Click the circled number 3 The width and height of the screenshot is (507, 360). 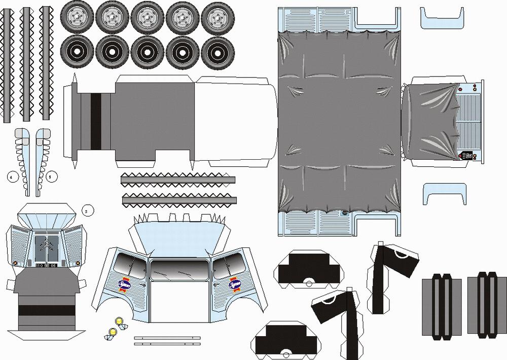87,210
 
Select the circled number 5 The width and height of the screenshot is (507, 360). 52,177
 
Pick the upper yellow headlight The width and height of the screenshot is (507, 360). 120,321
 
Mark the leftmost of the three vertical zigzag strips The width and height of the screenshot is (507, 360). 8,64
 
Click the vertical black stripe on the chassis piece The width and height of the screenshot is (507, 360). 95,121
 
